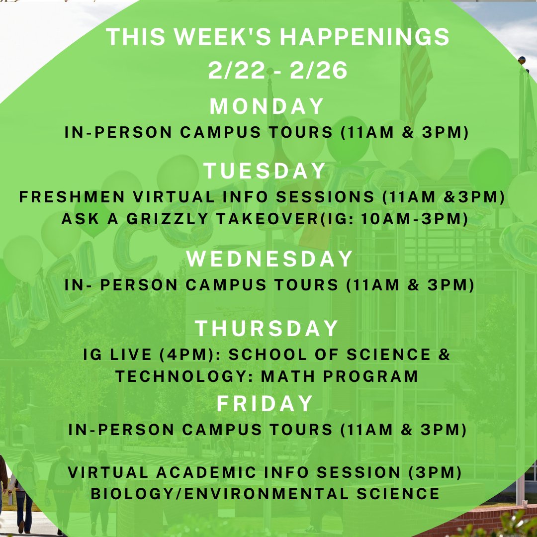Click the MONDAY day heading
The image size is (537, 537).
[267, 106]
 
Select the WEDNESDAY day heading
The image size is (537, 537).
[269, 259]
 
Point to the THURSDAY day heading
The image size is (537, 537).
[267, 329]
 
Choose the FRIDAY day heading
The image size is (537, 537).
[265, 404]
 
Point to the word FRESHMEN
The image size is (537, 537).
[72, 197]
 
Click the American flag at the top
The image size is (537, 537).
[417, 60]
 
